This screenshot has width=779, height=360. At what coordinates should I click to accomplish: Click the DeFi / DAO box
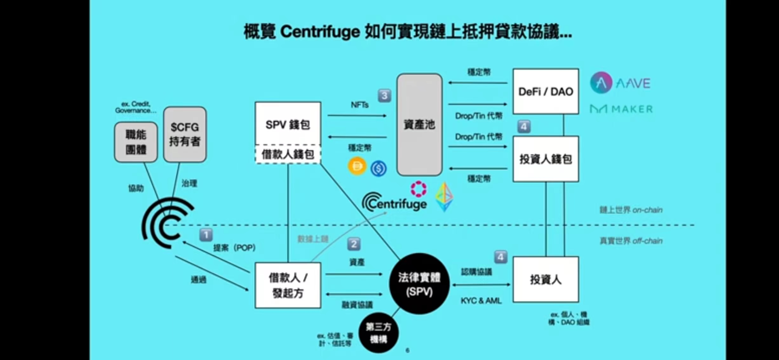(546, 92)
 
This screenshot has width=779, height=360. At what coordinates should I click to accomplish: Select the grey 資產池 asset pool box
(419, 125)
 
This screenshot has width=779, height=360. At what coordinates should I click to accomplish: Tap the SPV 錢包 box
(288, 124)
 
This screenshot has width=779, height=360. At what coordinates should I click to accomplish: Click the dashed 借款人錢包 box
(288, 154)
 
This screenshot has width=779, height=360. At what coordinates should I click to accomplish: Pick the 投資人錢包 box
(546, 159)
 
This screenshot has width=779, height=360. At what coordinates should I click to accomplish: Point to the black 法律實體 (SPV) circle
(419, 284)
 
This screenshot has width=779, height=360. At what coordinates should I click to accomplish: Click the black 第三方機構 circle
(378, 333)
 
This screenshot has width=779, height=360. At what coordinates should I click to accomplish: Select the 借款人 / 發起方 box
(288, 285)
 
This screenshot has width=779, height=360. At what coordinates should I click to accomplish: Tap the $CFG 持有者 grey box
(185, 134)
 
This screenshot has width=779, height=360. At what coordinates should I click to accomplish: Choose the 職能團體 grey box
(136, 142)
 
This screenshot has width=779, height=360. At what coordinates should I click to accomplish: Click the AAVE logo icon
(601, 83)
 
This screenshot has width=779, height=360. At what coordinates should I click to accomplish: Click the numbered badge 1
(206, 235)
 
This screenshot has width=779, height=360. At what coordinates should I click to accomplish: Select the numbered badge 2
(354, 244)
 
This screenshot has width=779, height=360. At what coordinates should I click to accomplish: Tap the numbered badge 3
(384, 95)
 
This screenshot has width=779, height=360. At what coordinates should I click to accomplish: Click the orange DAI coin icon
(357, 166)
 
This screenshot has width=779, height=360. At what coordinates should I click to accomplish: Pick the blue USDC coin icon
(378, 168)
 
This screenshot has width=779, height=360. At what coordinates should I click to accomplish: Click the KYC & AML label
(481, 301)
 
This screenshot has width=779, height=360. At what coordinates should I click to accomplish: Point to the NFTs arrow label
(359, 105)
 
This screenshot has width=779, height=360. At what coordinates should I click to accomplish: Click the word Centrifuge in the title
(320, 32)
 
